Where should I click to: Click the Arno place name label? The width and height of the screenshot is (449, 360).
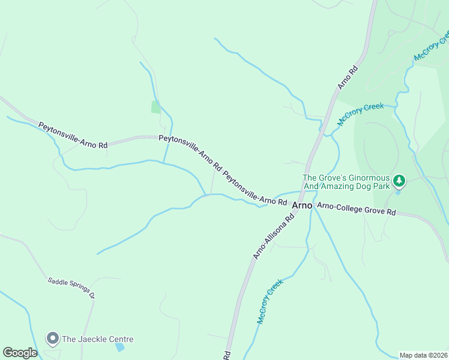[x=302, y=205]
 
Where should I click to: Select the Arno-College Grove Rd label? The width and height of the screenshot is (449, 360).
[x=357, y=209]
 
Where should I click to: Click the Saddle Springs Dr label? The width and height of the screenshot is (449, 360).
[x=71, y=288]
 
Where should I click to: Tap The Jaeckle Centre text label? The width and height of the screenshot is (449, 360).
[x=97, y=339]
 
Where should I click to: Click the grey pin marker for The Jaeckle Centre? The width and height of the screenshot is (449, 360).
[x=52, y=339]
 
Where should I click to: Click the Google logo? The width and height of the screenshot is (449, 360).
[x=20, y=353]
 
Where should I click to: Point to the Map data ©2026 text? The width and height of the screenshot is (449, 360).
[x=423, y=355]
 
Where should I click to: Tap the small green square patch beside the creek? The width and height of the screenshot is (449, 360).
[x=156, y=107]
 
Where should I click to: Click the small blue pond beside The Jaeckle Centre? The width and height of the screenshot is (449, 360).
[x=120, y=347]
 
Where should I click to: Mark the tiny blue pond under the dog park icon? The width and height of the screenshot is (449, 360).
[x=398, y=192]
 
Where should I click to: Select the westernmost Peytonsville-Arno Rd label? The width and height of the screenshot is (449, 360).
[x=73, y=136]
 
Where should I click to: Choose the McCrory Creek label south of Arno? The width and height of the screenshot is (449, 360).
[x=270, y=302]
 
